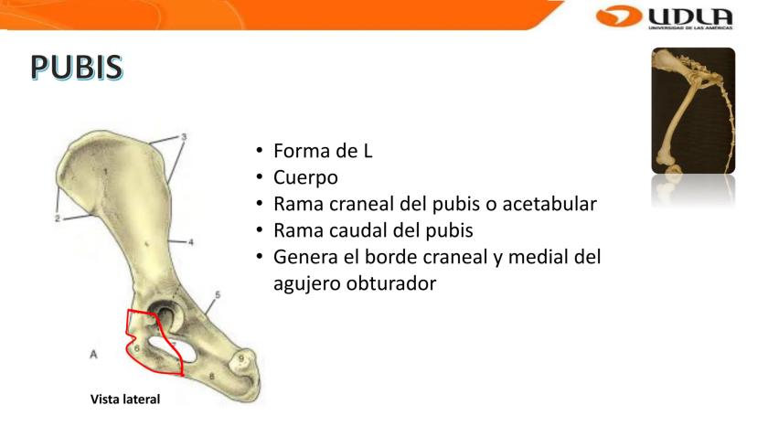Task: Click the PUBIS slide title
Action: click(x=76, y=67)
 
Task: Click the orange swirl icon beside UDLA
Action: click(x=619, y=16)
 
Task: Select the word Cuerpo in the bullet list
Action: click(x=305, y=177)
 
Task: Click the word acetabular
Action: click(x=549, y=204)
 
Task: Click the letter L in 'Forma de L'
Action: click(x=368, y=151)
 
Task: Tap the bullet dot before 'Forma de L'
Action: click(x=260, y=150)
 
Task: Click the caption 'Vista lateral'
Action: click(x=125, y=399)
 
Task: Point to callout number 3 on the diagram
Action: click(x=184, y=137)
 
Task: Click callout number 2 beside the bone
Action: click(x=58, y=218)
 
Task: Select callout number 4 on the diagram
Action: click(x=191, y=242)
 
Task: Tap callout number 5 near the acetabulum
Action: click(x=218, y=294)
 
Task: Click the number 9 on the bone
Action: click(x=241, y=358)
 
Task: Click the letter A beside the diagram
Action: click(x=93, y=355)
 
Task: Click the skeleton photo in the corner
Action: click(x=693, y=111)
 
